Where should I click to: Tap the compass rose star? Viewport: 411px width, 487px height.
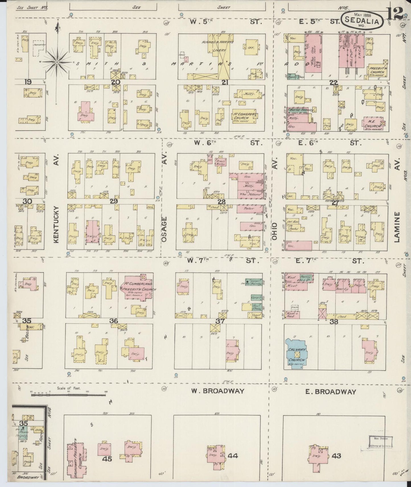[x=57, y=61]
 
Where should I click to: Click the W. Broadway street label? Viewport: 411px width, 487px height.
[x=218, y=391]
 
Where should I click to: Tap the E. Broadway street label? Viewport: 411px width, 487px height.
[x=331, y=392]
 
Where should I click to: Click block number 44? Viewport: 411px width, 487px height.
[x=233, y=456]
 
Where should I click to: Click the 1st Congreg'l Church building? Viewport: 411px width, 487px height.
[x=244, y=116]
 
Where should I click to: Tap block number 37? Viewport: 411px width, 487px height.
[x=220, y=321]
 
